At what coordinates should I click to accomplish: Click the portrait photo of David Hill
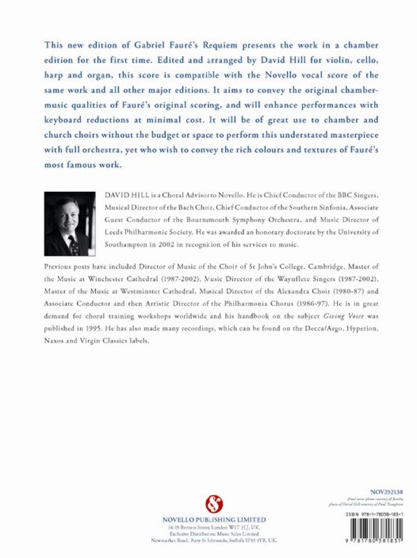[70, 223]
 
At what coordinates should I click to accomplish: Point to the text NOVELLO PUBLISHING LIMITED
[214, 520]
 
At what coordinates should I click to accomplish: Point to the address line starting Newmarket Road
[214, 541]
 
